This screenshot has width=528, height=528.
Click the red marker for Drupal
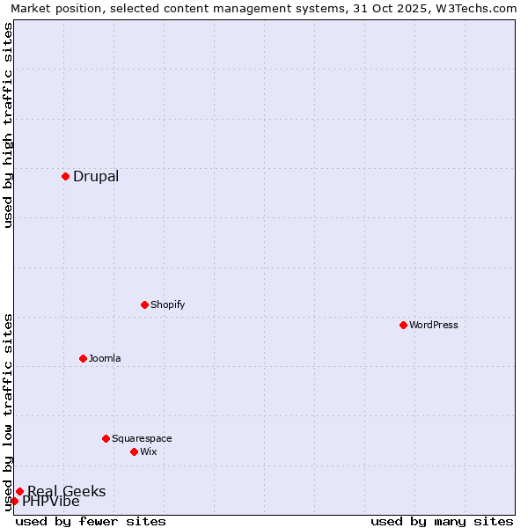coord(65,176)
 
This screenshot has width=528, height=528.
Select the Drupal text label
coord(96,176)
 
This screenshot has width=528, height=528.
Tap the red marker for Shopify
coord(144,304)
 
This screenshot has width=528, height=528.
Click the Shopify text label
coord(167,304)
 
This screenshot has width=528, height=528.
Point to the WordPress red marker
coord(403,325)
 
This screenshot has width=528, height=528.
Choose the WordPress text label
coord(433,325)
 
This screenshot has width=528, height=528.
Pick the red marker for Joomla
coord(83,358)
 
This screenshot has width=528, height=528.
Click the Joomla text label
coord(105,358)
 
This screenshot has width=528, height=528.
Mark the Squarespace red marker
coord(106,438)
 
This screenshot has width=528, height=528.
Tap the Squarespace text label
coord(142,438)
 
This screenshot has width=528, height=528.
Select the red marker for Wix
coord(134,451)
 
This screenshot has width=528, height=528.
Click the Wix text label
coord(148,451)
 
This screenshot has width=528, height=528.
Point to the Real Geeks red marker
coord(19,491)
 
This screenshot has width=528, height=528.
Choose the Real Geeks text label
coord(66,491)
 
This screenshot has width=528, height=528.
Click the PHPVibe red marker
coord(14,502)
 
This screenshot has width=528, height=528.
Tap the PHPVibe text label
coord(51,502)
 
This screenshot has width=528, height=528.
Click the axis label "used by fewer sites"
coord(91,521)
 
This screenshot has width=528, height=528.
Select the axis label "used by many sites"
coord(442,521)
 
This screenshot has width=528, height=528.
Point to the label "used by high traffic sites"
coord(8,125)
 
